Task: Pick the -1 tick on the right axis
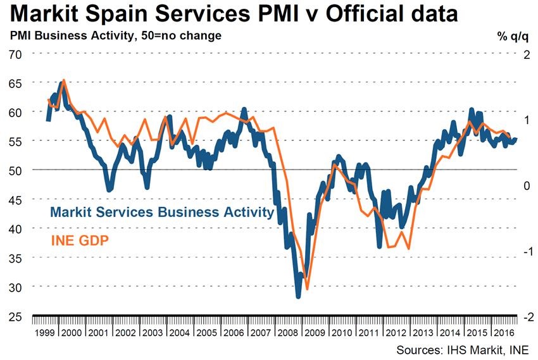pos(524,251)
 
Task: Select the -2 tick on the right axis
pos(524,316)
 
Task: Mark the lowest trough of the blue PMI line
pos(298,295)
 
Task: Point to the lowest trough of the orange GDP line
pos(308,289)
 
